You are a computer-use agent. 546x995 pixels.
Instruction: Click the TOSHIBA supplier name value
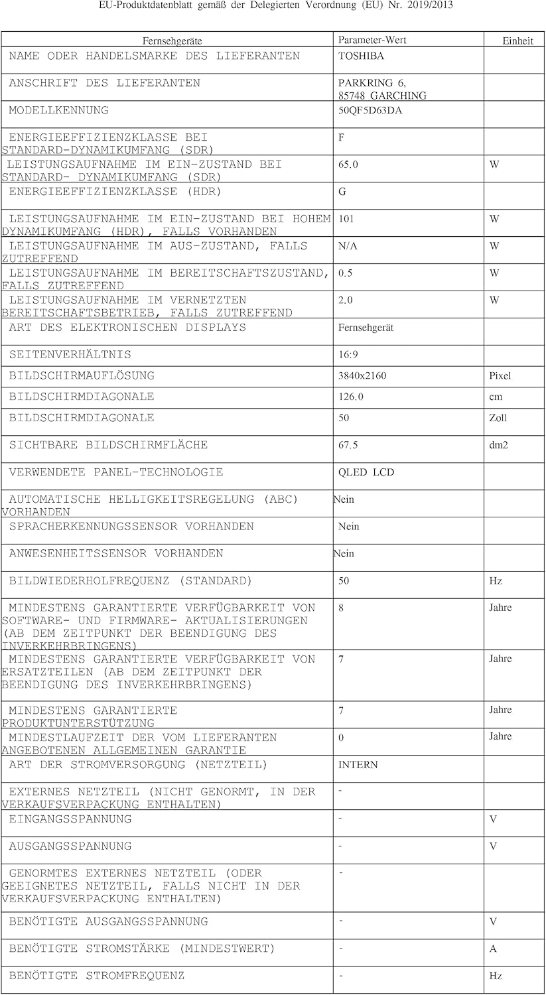click(361, 56)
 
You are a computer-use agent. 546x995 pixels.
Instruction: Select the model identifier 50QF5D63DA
click(370, 111)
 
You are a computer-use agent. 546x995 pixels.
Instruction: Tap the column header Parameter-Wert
click(372, 40)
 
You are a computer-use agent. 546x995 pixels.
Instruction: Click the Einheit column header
click(517, 40)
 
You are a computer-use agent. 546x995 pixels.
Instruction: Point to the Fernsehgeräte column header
click(172, 40)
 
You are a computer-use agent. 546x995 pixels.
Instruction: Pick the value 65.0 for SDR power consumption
click(348, 165)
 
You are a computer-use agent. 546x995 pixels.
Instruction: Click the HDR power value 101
click(346, 219)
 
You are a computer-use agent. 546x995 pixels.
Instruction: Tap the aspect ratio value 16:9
click(348, 355)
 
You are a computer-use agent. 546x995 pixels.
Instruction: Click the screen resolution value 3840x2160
click(362, 376)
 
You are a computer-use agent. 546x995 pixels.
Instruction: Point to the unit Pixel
click(500, 376)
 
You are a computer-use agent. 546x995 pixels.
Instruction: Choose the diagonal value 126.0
click(351, 397)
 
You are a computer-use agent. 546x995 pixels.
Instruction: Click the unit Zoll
click(498, 418)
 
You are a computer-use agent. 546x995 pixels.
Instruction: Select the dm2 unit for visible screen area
click(498, 445)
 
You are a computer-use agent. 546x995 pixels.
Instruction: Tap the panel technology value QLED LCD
click(366, 473)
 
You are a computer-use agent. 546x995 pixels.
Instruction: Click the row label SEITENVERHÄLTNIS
click(70, 355)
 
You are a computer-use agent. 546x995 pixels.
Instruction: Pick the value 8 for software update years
click(341, 608)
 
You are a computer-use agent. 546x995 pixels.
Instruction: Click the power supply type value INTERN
click(358, 765)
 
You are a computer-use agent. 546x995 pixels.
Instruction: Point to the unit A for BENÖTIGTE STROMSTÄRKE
click(493, 949)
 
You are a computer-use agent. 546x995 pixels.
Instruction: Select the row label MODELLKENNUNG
click(58, 110)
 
